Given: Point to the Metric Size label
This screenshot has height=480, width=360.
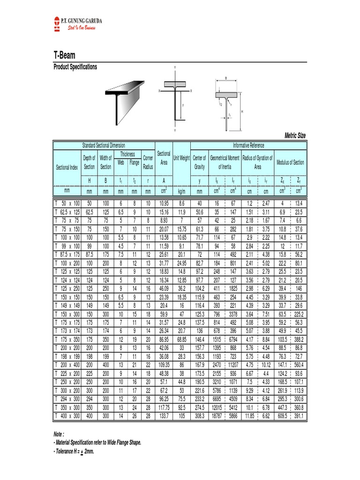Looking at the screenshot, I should point(295,135).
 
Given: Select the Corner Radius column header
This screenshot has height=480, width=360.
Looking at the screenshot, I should point(148,162).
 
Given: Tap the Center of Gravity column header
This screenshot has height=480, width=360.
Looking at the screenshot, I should point(199,162).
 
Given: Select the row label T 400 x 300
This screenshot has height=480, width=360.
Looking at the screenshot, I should point(67,415).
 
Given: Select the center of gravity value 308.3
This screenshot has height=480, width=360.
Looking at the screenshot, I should point(199,415).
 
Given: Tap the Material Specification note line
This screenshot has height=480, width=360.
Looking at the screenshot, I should point(97,442).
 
